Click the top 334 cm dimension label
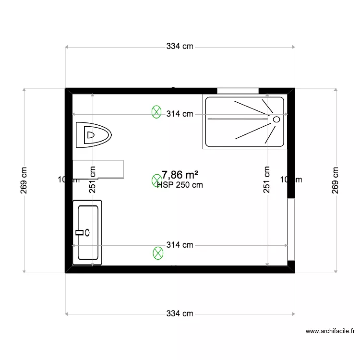(x=180, y=47)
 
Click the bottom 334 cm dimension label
(x=180, y=313)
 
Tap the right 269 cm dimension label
(x=336, y=180)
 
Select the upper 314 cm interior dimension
(x=180, y=114)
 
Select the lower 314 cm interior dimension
(x=180, y=245)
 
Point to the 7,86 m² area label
(x=180, y=174)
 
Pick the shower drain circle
(x=276, y=119)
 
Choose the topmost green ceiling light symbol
(x=156, y=112)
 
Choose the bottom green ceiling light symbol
(x=157, y=253)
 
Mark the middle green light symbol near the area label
(x=156, y=180)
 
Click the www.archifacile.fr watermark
(x=330, y=331)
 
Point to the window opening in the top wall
(x=238, y=90)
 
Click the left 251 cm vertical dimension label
(x=93, y=180)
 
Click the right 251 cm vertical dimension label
(x=267, y=180)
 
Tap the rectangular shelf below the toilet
(x=98, y=169)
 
